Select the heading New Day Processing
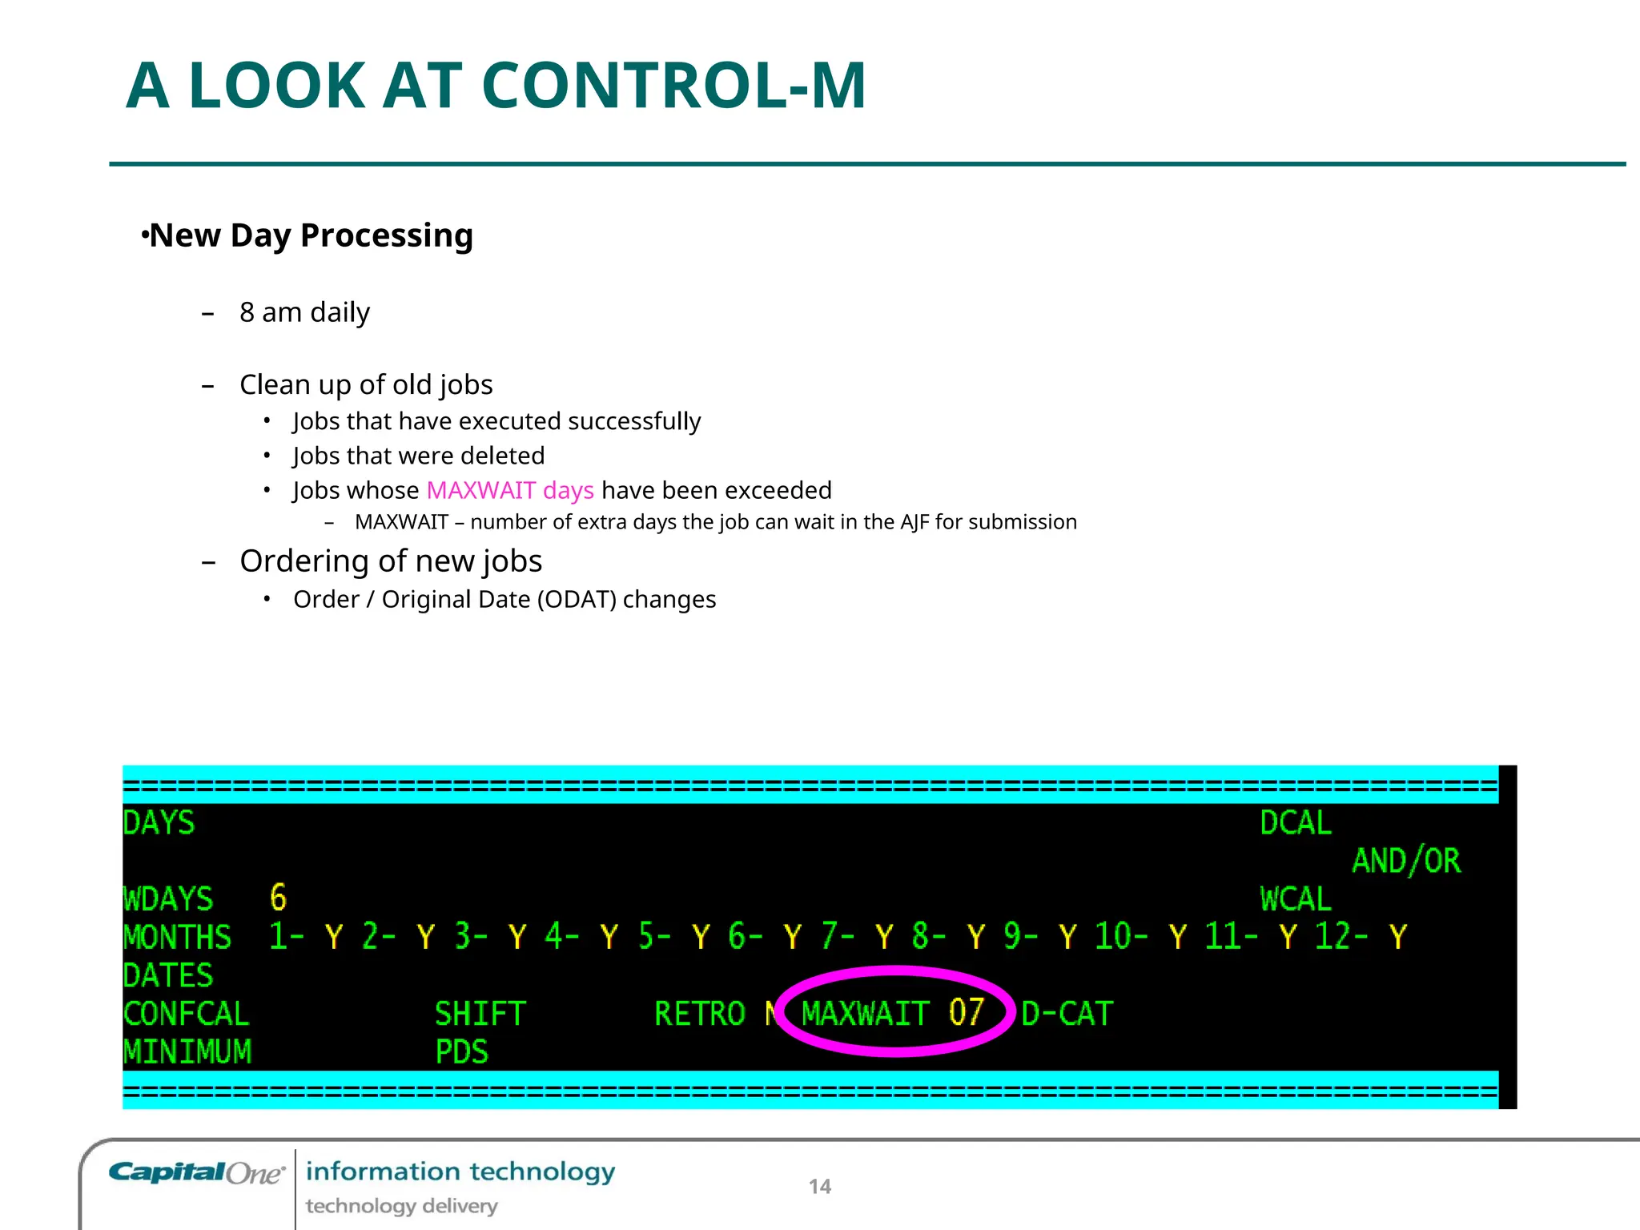pyautogui.click(x=311, y=235)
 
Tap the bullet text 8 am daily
pyautogui.click(x=304, y=312)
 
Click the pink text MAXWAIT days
pyautogui.click(x=510, y=490)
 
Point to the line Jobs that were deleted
pyautogui.click(x=418, y=456)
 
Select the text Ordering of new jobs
pyautogui.click(x=391, y=561)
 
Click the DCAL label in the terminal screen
pyautogui.click(x=1295, y=823)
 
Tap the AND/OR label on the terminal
pyautogui.click(x=1406, y=861)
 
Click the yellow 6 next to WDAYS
pyautogui.click(x=278, y=898)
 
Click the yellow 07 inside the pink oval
pyautogui.click(x=966, y=1012)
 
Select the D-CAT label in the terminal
pyautogui.click(x=1067, y=1014)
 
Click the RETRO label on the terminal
pyautogui.click(x=699, y=1014)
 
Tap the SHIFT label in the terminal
pyautogui.click(x=480, y=1014)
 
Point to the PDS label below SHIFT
pyautogui.click(x=461, y=1051)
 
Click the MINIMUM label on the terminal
pyautogui.click(x=187, y=1051)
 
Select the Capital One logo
pyautogui.click(x=196, y=1173)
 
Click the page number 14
pyautogui.click(x=819, y=1187)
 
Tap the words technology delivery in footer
pyautogui.click(x=401, y=1206)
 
